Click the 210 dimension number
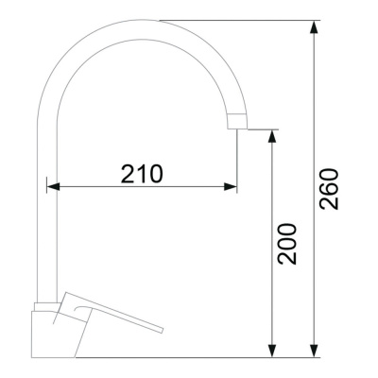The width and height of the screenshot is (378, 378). tap(142, 174)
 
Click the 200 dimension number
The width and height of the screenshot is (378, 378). tap(287, 244)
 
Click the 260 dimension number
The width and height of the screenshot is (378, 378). tap(329, 189)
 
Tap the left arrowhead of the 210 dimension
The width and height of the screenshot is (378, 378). tap(53, 187)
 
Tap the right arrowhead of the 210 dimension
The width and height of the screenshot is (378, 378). tap(231, 187)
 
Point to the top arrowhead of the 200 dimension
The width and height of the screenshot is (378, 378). tap(272, 136)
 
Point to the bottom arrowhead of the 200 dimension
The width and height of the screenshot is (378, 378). tap(272, 351)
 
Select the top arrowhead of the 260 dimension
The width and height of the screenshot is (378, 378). tap(314, 27)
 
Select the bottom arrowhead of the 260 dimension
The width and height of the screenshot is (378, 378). tap(314, 351)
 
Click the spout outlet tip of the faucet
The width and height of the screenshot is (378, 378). tap(237, 129)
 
